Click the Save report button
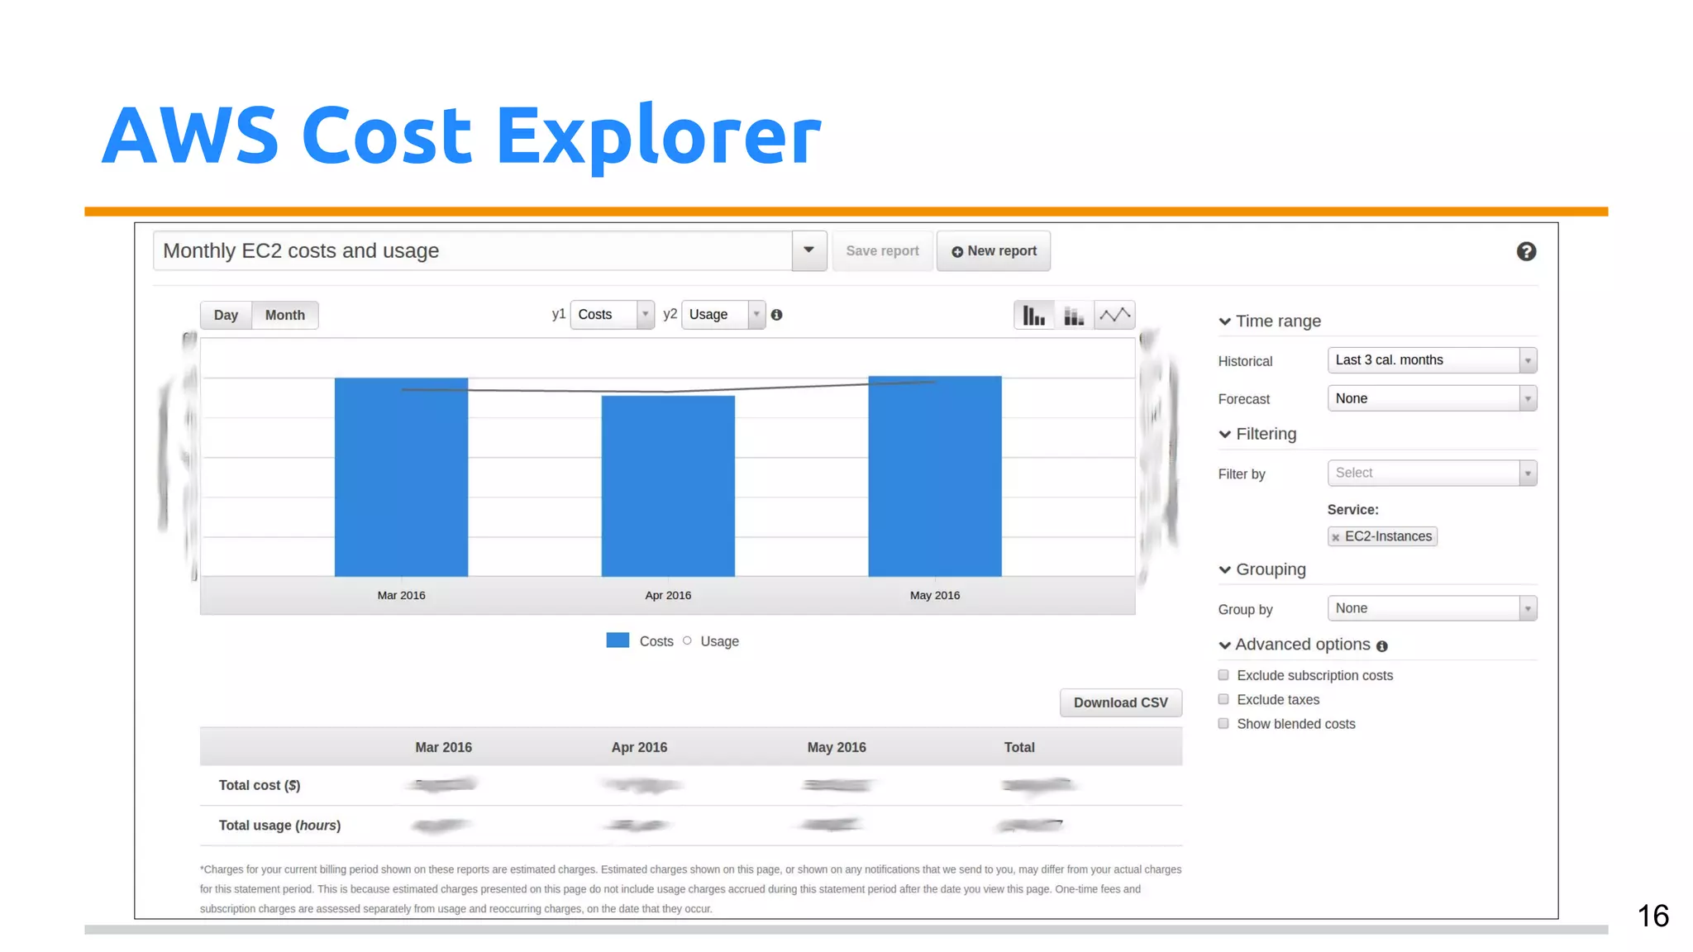point(882,251)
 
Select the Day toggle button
point(226,315)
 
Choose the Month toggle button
point(285,315)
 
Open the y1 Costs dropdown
point(612,315)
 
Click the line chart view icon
point(1114,315)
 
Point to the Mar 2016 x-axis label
point(401,595)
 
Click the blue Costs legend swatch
point(618,640)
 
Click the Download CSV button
point(1120,702)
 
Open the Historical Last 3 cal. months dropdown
point(1432,360)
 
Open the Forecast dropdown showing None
point(1432,398)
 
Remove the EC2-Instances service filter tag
point(1336,537)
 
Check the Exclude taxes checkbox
point(1223,699)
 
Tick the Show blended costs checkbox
point(1223,723)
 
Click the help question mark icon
point(1526,251)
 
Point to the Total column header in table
point(1018,747)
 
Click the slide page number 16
point(1652,916)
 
